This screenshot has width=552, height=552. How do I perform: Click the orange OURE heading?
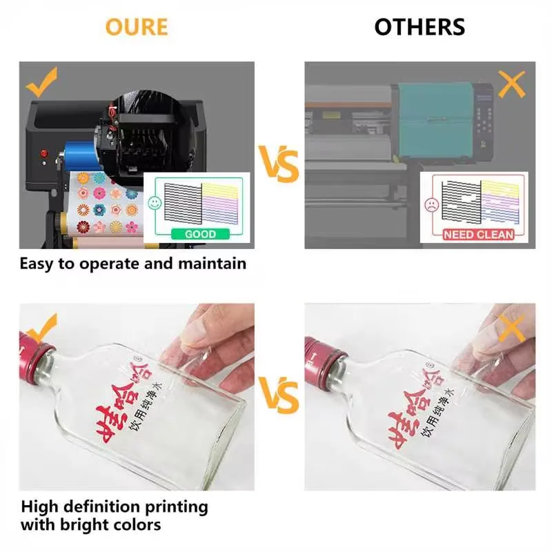coord(137,27)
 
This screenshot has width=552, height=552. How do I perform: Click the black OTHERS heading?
coord(420,27)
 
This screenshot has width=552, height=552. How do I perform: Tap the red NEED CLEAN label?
coord(478,234)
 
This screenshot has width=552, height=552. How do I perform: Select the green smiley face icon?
coord(152,204)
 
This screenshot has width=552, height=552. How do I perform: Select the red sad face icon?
coord(431,204)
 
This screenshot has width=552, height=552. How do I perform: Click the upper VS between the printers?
coord(279,164)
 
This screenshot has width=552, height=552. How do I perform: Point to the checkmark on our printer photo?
coord(41,83)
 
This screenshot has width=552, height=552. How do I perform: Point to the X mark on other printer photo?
coord(511,84)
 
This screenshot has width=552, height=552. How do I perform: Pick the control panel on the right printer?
coord(486,113)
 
